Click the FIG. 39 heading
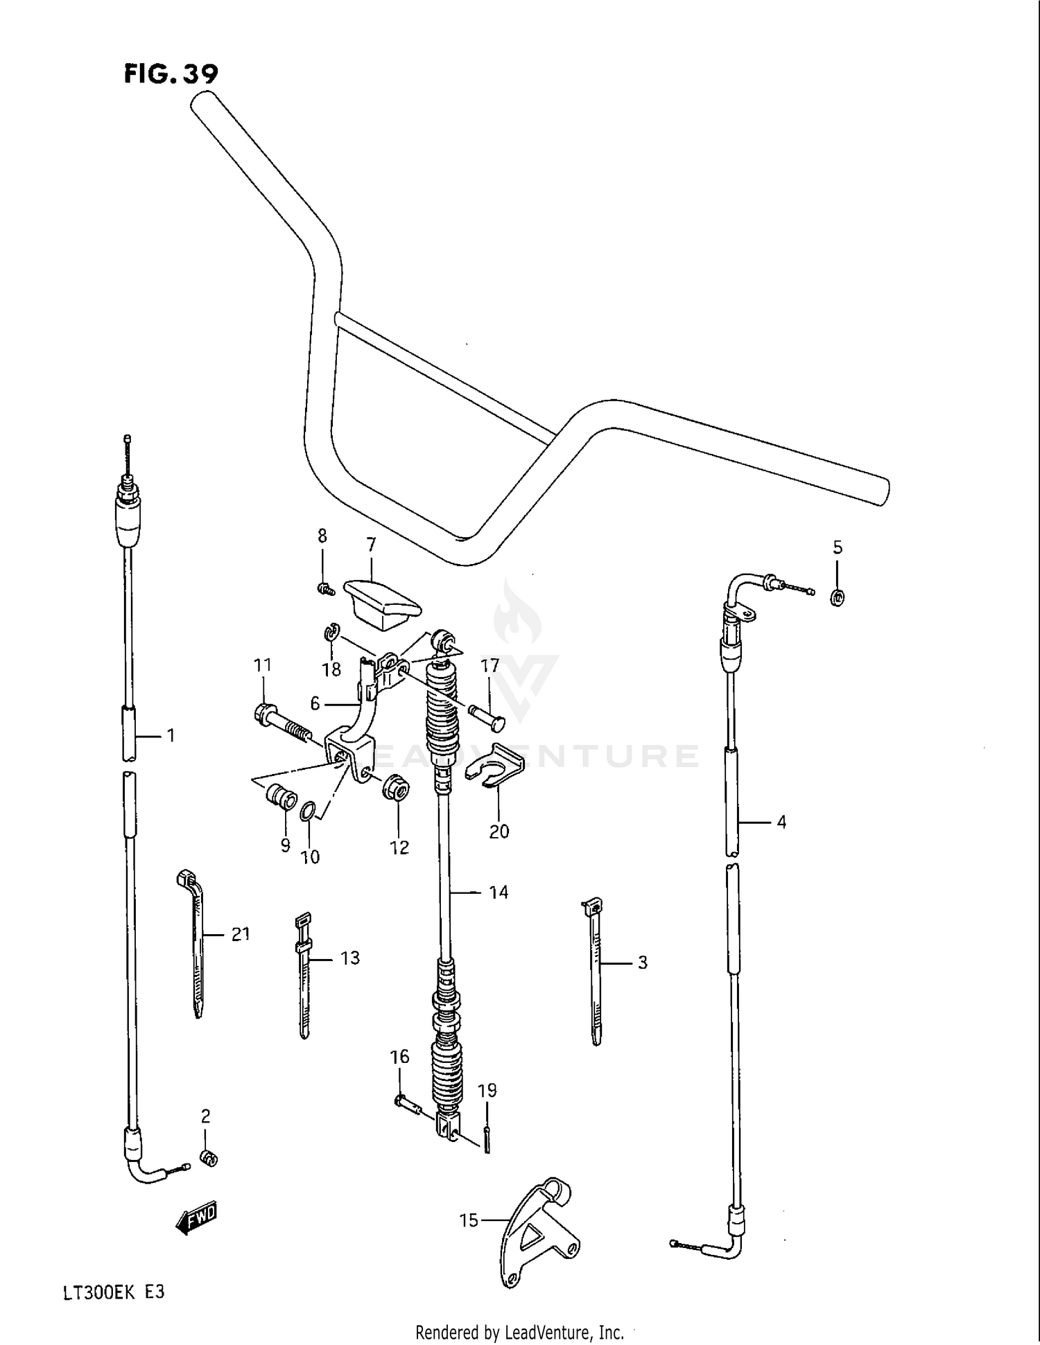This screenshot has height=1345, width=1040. [x=171, y=74]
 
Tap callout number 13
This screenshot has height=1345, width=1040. [x=350, y=958]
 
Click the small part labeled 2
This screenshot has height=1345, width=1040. [x=208, y=1157]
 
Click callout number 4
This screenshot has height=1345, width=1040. [x=781, y=823]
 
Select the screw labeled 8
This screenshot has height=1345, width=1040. [x=324, y=590]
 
